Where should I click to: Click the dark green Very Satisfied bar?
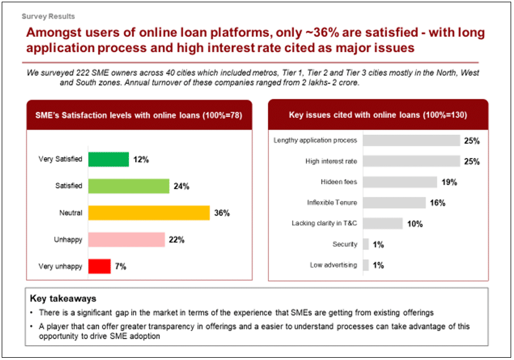(x=108, y=160)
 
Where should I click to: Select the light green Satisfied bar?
(x=129, y=186)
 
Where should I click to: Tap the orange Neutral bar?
(x=149, y=213)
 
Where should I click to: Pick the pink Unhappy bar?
(x=127, y=240)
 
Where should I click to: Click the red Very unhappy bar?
(x=100, y=266)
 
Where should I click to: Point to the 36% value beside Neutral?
(x=222, y=213)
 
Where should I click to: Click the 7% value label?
(x=121, y=266)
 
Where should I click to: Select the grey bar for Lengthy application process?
(x=411, y=140)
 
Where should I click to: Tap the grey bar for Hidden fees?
(x=400, y=182)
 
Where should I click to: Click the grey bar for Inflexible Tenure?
(x=394, y=203)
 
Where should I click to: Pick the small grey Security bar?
(x=366, y=244)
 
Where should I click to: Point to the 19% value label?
(x=449, y=182)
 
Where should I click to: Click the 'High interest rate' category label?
(x=331, y=161)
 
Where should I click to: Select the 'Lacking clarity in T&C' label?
(x=324, y=223)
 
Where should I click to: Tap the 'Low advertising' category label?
(x=334, y=265)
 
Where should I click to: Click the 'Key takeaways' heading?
(x=63, y=298)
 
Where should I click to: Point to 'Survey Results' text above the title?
(x=48, y=16)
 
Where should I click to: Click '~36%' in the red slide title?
(x=322, y=32)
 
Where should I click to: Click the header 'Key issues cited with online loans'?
(x=355, y=115)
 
